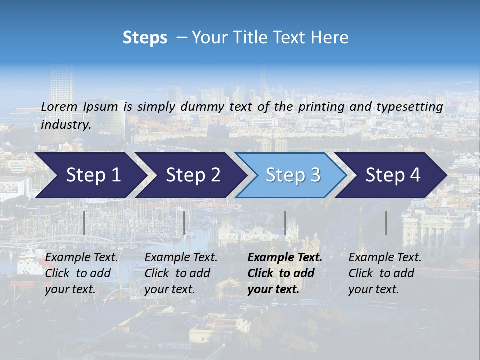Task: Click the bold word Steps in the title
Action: point(145,37)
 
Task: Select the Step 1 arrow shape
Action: point(90,175)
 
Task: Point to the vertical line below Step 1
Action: point(84,223)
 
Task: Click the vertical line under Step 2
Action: point(184,223)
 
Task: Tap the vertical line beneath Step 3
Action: point(285,223)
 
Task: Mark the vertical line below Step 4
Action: point(386,223)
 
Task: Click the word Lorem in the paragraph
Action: point(59,107)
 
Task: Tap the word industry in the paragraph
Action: point(66,124)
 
